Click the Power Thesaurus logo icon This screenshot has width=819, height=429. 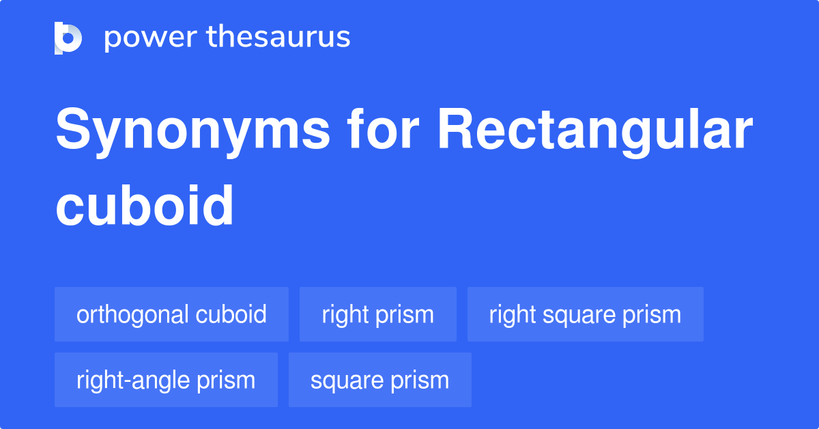pyautogui.click(x=68, y=38)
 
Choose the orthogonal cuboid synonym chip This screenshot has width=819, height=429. pyautogui.click(x=171, y=314)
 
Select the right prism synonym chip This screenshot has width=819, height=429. pyautogui.click(x=377, y=314)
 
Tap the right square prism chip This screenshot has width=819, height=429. pyautogui.click(x=585, y=314)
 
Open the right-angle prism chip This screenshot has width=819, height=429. pyautogui.click(x=166, y=380)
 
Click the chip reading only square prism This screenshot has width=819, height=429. pyautogui.click(x=379, y=380)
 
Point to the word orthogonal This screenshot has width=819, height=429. pyautogui.click(x=132, y=314)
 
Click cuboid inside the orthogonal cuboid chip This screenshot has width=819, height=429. pyautogui.click(x=231, y=314)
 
